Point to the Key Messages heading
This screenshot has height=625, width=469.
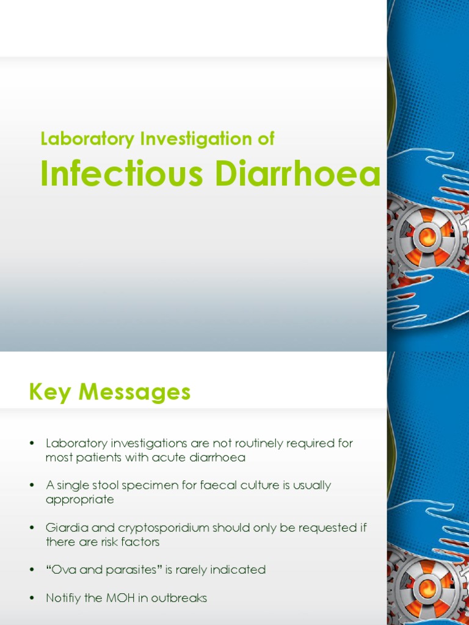tap(110, 392)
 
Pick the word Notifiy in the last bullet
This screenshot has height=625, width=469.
tap(64, 598)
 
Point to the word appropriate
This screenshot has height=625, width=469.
tap(79, 499)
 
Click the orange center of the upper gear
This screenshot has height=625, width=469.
tap(427, 237)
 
